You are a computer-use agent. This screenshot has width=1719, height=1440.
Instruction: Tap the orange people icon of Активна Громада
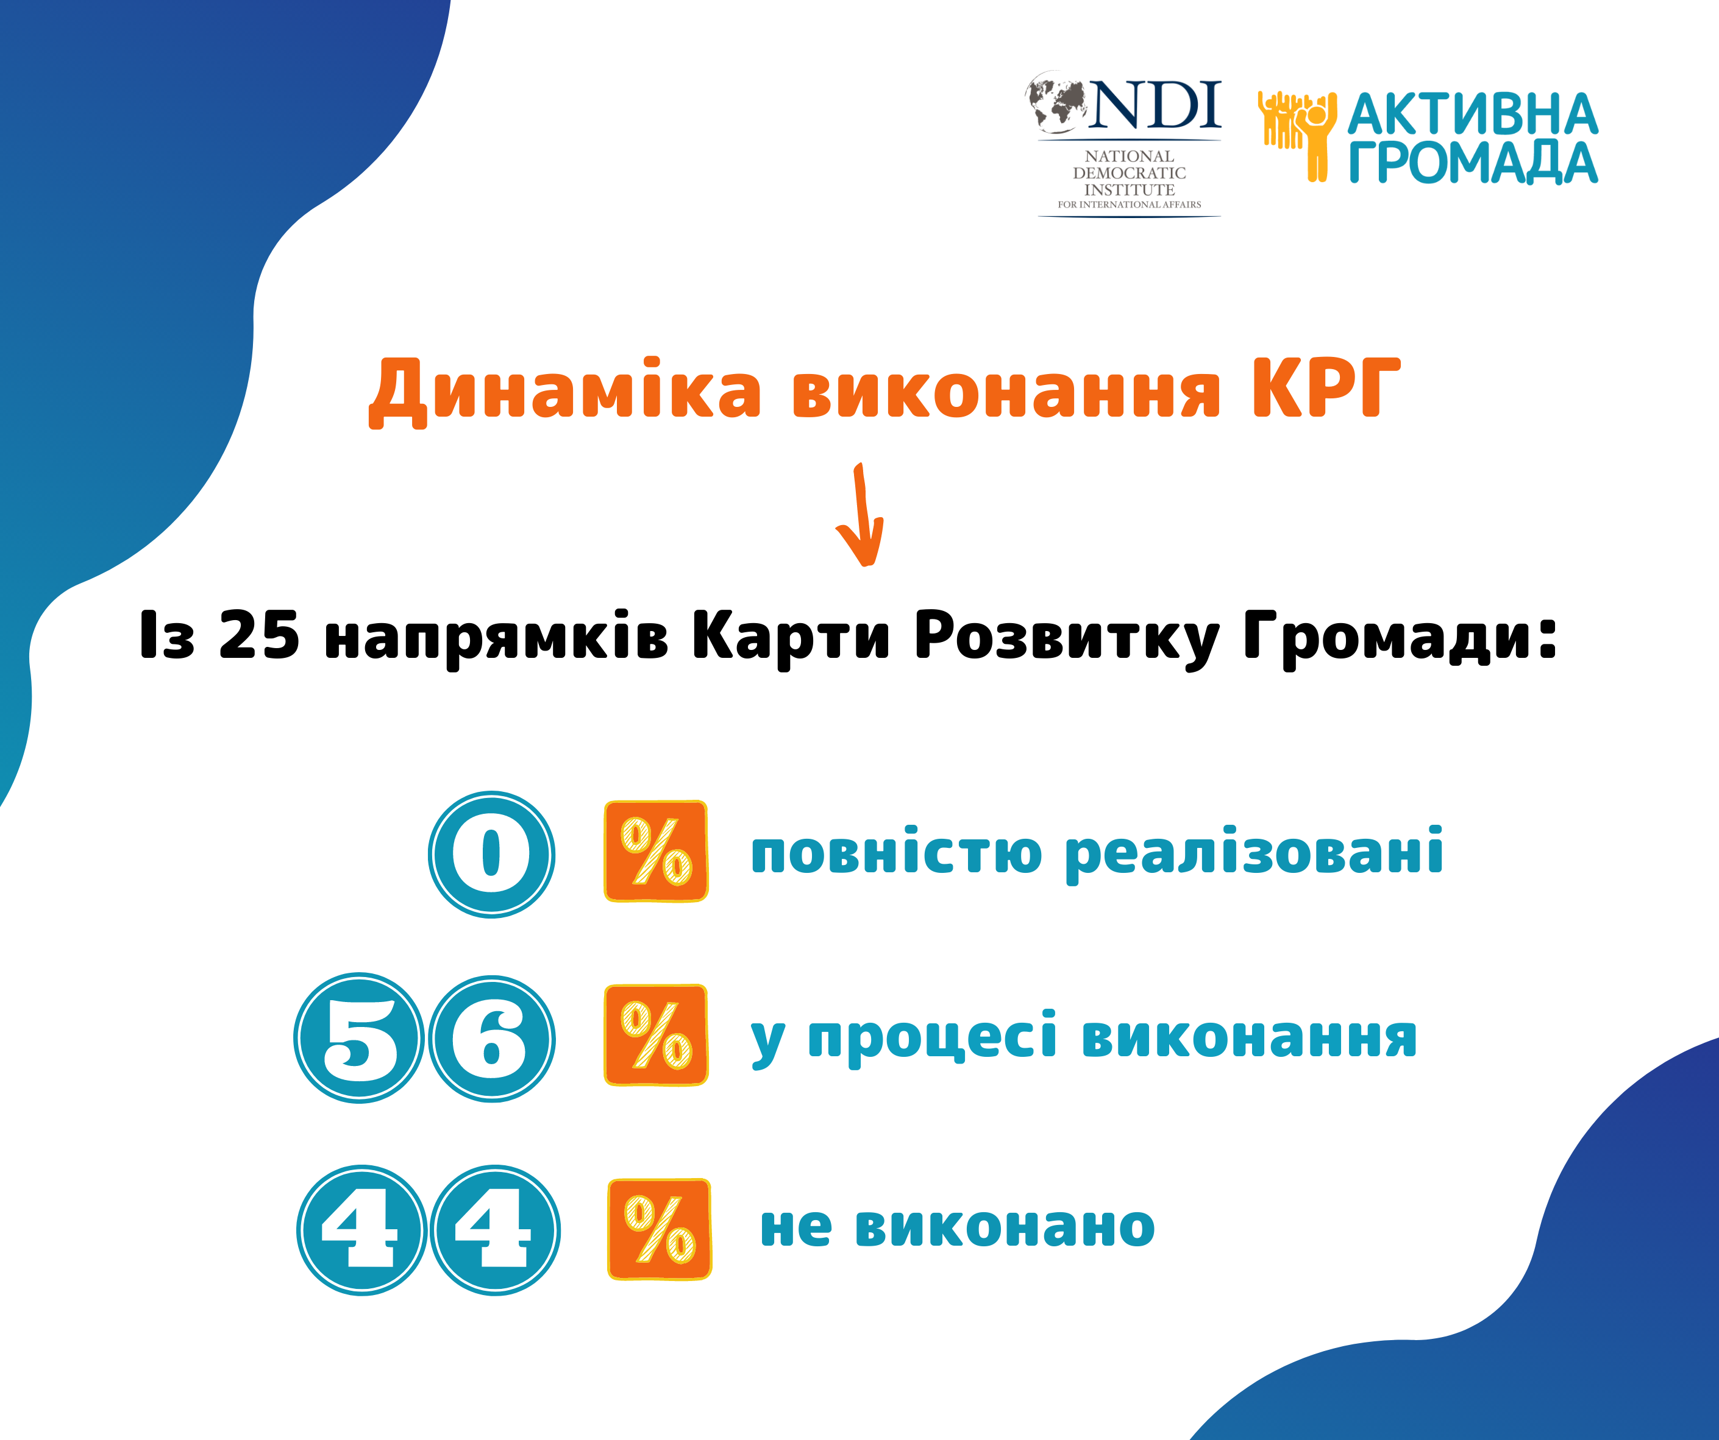pos(1297,136)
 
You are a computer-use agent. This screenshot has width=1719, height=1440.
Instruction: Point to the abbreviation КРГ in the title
pos(1326,388)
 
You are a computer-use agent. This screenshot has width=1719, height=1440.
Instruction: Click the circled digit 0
pos(491,854)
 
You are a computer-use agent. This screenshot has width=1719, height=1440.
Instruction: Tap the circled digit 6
pos(492,1039)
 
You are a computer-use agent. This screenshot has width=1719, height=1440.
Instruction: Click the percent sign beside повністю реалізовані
pos(656,852)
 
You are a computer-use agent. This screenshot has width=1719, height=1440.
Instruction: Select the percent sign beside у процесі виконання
pos(656,1035)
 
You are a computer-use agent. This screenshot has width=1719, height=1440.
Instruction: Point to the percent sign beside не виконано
pos(659,1229)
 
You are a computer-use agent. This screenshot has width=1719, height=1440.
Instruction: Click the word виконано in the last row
pos(1005,1227)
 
